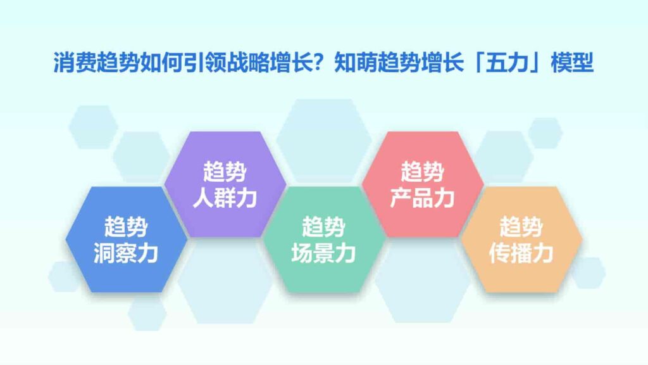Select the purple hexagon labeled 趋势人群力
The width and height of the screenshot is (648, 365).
click(x=224, y=184)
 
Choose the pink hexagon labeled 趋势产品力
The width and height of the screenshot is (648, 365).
click(x=422, y=184)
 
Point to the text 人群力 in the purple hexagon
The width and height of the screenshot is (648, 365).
click(x=224, y=198)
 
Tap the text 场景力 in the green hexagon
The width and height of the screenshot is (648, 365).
click(x=323, y=253)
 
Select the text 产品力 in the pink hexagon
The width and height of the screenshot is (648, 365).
click(x=422, y=198)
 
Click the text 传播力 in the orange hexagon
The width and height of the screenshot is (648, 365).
click(x=521, y=253)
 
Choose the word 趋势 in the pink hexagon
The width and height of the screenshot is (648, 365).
click(x=422, y=170)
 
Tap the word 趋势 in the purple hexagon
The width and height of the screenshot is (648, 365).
click(x=224, y=170)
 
